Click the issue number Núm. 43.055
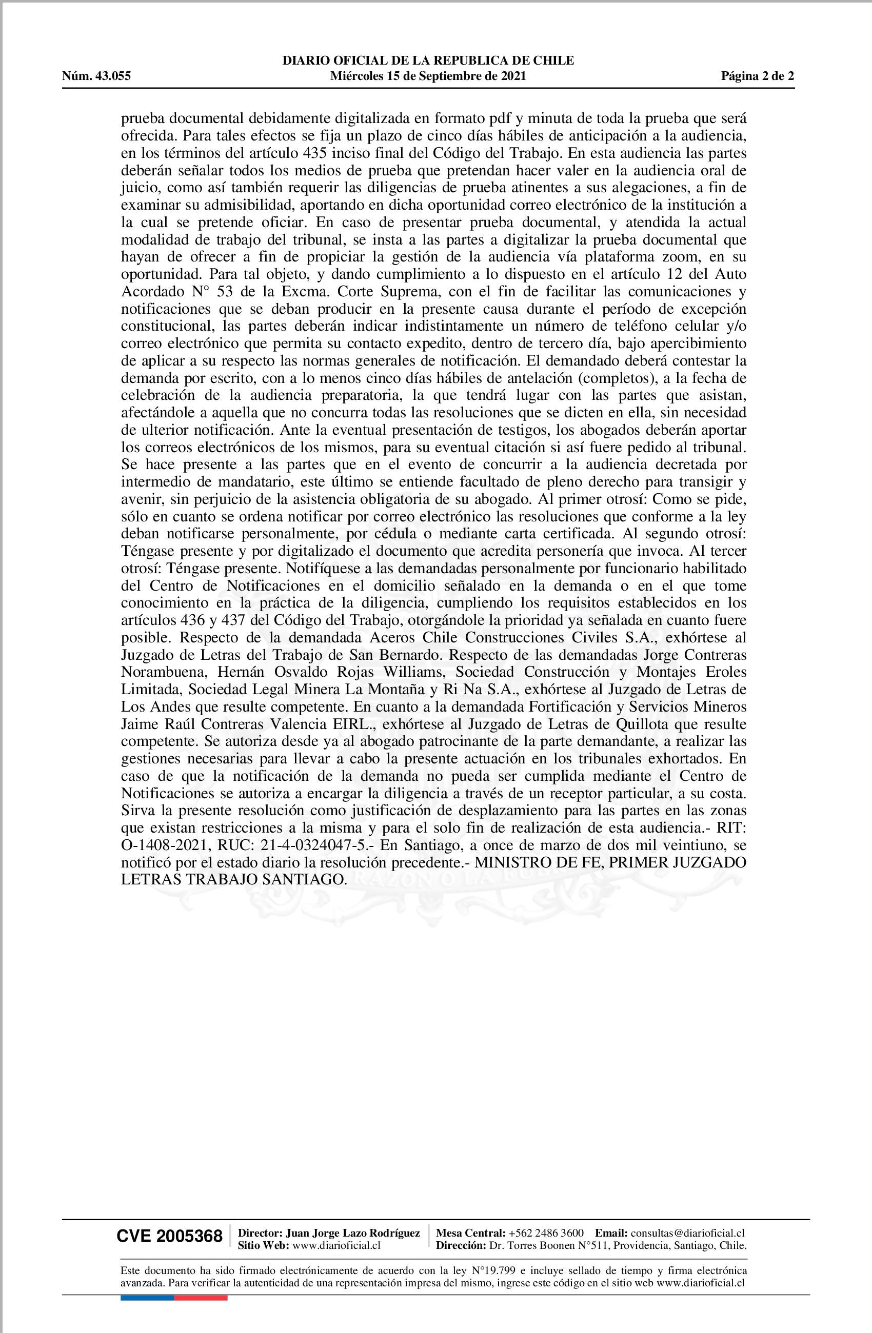coord(96,76)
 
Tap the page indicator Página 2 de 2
coord(757,76)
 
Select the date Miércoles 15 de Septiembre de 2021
coord(428,76)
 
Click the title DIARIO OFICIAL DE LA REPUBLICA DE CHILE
coord(428,60)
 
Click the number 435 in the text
coord(315,152)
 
